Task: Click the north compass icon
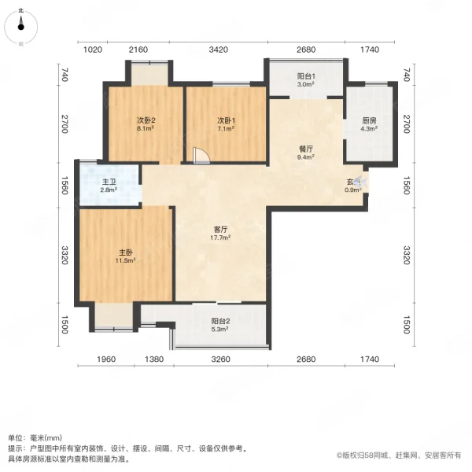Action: point(21,26)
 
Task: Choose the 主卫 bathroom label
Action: point(109,182)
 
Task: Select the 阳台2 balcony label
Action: point(220,321)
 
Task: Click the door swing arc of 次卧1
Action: point(202,154)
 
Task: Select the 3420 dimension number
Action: point(219,50)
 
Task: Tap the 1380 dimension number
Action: point(155,360)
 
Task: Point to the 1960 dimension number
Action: point(106,360)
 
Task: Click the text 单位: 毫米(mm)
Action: point(36,438)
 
